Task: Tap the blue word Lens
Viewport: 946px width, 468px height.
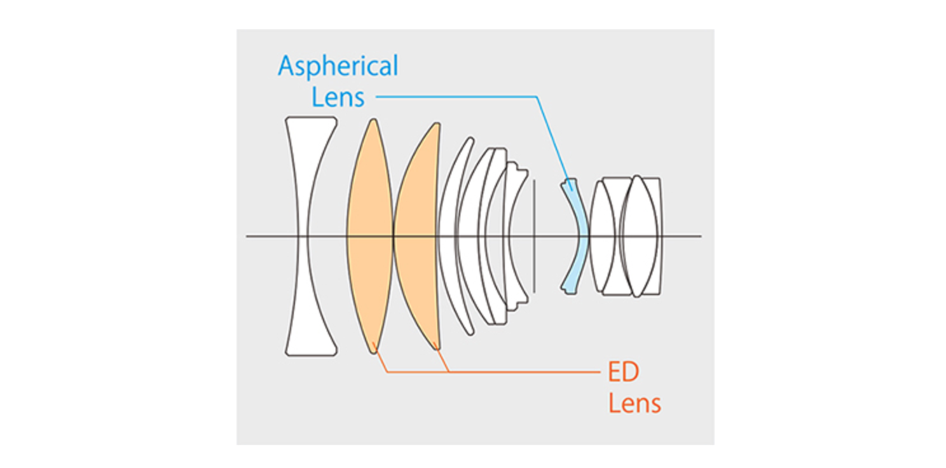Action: pyautogui.click(x=338, y=97)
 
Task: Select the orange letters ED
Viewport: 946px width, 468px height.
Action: pyautogui.click(x=623, y=373)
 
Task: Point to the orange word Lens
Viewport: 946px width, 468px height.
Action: pyautogui.click(x=634, y=403)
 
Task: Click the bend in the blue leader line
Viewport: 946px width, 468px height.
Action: pyautogui.click(x=537, y=97)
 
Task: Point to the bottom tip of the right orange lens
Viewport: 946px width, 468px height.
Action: pyautogui.click(x=436, y=348)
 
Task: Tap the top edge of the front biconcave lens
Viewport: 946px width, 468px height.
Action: pyautogui.click(x=311, y=118)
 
